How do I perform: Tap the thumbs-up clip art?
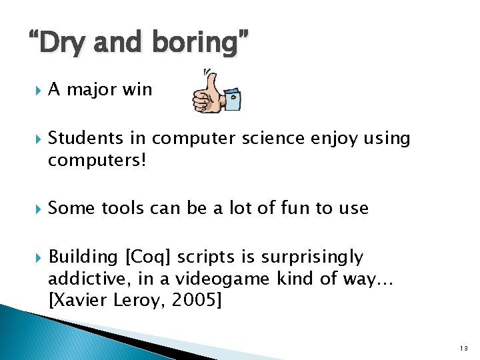(216, 91)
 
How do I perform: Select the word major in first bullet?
(92, 89)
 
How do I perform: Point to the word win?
(137, 89)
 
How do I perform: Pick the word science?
(271, 138)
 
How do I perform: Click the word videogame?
(234, 279)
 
